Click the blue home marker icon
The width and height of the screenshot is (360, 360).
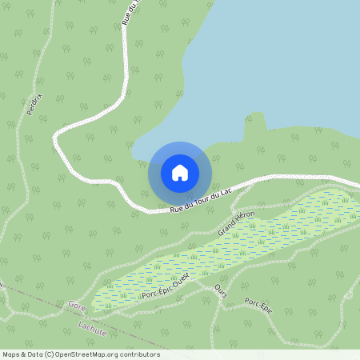(180, 173)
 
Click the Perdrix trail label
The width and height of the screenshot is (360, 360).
(34, 103)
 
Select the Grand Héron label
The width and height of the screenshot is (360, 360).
(236, 222)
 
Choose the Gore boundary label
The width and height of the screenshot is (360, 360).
(77, 306)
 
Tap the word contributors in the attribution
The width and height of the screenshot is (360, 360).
(140, 354)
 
